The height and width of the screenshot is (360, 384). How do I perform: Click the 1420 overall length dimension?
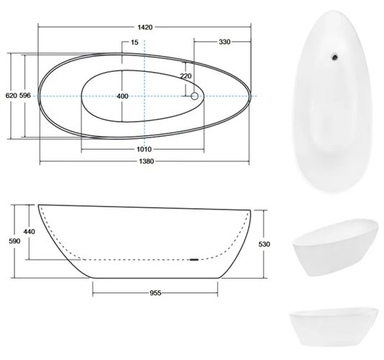pyautogui.click(x=145, y=26)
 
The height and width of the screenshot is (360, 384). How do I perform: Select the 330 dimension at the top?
pyautogui.click(x=224, y=42)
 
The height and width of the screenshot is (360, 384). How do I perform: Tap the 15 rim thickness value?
pyautogui.click(x=134, y=42)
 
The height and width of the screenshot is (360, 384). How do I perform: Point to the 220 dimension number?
pyautogui.click(x=186, y=76)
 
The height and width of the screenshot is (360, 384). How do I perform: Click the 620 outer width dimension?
pyautogui.click(x=9, y=95)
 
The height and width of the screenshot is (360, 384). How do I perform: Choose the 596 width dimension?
pyautogui.click(x=25, y=95)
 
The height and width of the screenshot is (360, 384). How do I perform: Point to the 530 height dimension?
pyautogui.click(x=265, y=244)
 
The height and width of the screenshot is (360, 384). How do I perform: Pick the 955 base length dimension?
pyautogui.click(x=155, y=293)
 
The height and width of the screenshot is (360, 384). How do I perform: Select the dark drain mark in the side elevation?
pyautogui.click(x=193, y=258)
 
